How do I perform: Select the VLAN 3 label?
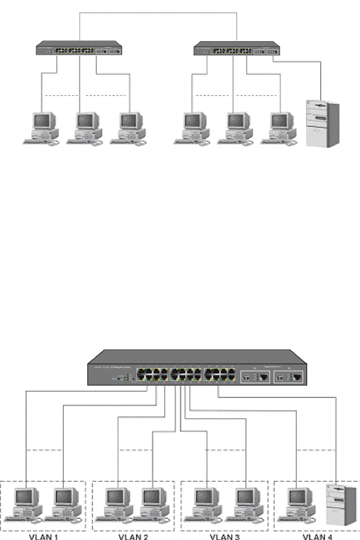point(224,535)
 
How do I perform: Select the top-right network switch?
point(236,49)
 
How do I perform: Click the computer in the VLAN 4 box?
point(296,504)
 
